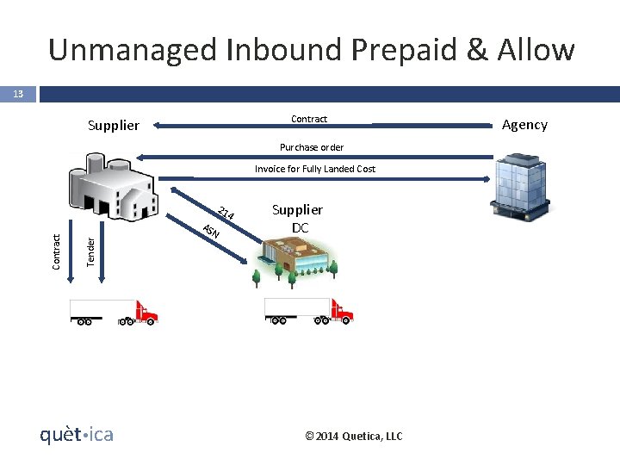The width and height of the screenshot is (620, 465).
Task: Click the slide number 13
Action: (x=17, y=93)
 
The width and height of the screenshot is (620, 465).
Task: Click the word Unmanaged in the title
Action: (x=132, y=50)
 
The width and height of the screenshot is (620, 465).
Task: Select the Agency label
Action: (x=524, y=125)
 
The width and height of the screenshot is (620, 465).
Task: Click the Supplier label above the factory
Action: (x=113, y=126)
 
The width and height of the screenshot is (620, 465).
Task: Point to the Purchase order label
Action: (x=311, y=147)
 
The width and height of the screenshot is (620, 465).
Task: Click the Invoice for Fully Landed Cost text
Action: (x=314, y=169)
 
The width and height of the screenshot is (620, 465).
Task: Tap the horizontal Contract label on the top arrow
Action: (x=309, y=119)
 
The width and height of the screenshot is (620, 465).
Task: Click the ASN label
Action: (x=210, y=231)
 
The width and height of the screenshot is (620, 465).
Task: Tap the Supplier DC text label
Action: (x=297, y=219)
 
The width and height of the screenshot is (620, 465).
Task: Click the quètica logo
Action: (x=77, y=434)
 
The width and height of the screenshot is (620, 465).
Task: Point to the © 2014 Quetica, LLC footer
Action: (x=354, y=436)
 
